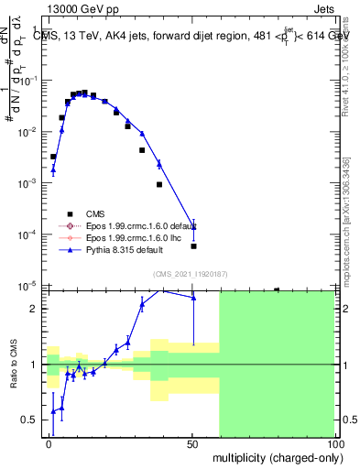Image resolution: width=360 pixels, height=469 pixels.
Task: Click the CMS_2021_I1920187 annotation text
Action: [x=189, y=273]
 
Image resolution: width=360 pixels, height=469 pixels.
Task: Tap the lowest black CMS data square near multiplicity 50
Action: [x=193, y=245]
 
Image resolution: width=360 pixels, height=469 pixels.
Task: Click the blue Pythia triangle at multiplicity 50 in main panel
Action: [x=193, y=226]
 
